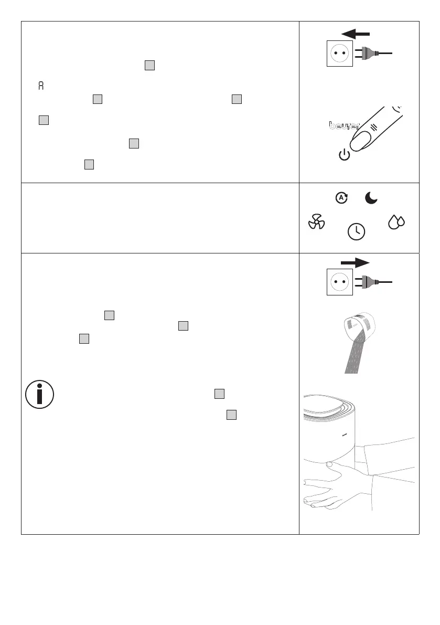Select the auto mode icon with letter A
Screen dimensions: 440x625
(x=341, y=198)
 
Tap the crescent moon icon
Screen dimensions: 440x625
(x=371, y=198)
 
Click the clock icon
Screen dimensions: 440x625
(x=357, y=231)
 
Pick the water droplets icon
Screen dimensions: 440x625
(x=396, y=223)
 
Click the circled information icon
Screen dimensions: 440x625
(x=39, y=394)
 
